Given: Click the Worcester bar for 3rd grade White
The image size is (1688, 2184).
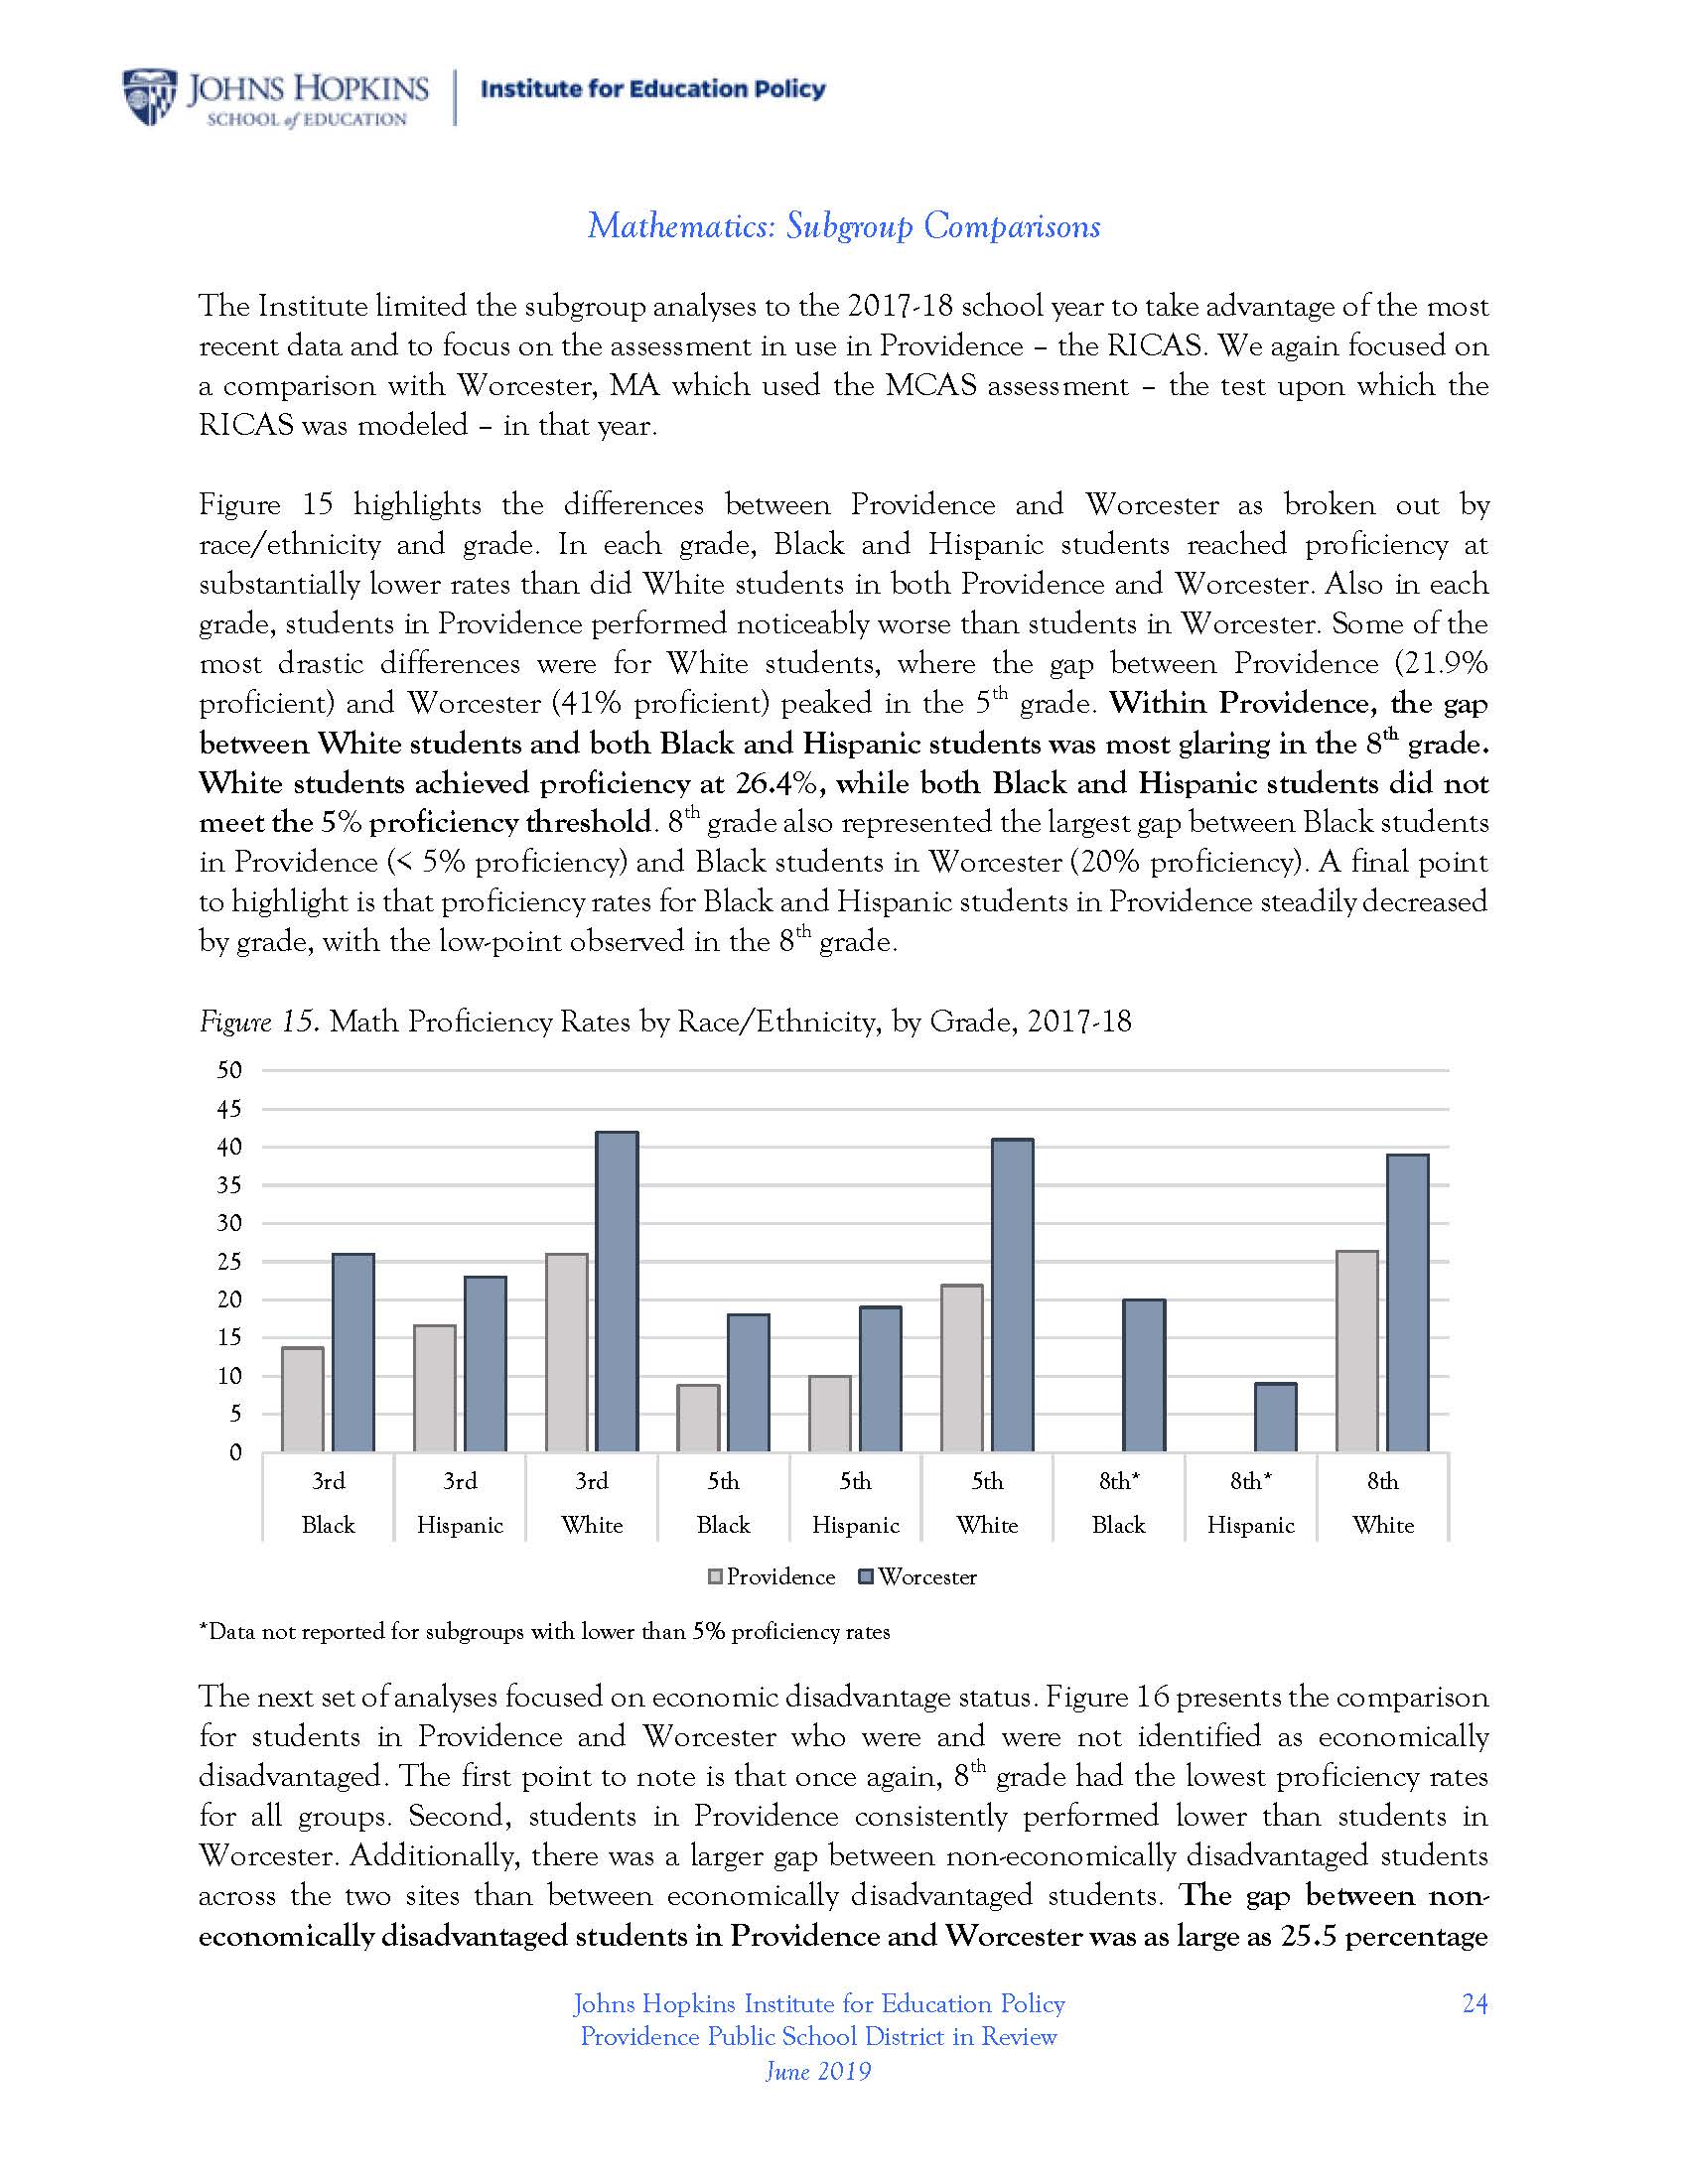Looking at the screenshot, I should point(617,1291).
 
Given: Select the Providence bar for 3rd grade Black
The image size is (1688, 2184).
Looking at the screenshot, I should point(302,1399).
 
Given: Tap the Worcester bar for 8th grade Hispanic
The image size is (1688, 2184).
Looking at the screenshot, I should point(1275,1417).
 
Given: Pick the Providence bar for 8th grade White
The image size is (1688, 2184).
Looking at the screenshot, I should point(1356,1351).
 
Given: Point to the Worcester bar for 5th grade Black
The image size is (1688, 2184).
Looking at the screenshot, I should point(748,1383).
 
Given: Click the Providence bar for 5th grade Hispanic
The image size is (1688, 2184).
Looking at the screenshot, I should point(830,1413).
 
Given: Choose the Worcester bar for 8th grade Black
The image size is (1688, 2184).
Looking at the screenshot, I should point(1144,1375).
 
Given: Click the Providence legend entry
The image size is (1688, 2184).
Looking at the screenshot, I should point(771,1577).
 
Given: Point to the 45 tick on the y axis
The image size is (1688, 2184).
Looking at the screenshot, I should point(230,1109).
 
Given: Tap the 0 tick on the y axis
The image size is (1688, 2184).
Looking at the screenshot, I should point(236,1453).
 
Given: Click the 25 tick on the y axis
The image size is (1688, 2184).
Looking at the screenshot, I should point(230,1262).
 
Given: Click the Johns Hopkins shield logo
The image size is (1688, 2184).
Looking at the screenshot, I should point(149,97).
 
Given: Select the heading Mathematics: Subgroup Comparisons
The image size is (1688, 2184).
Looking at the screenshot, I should point(843,226).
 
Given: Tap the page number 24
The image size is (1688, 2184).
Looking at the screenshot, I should point(1474,2003).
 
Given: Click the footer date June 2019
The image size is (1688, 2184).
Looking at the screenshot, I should point(818,2071).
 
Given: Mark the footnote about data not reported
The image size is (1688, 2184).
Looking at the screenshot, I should point(544,1632).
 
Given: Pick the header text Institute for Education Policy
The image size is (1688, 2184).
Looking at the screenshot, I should point(653,89).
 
